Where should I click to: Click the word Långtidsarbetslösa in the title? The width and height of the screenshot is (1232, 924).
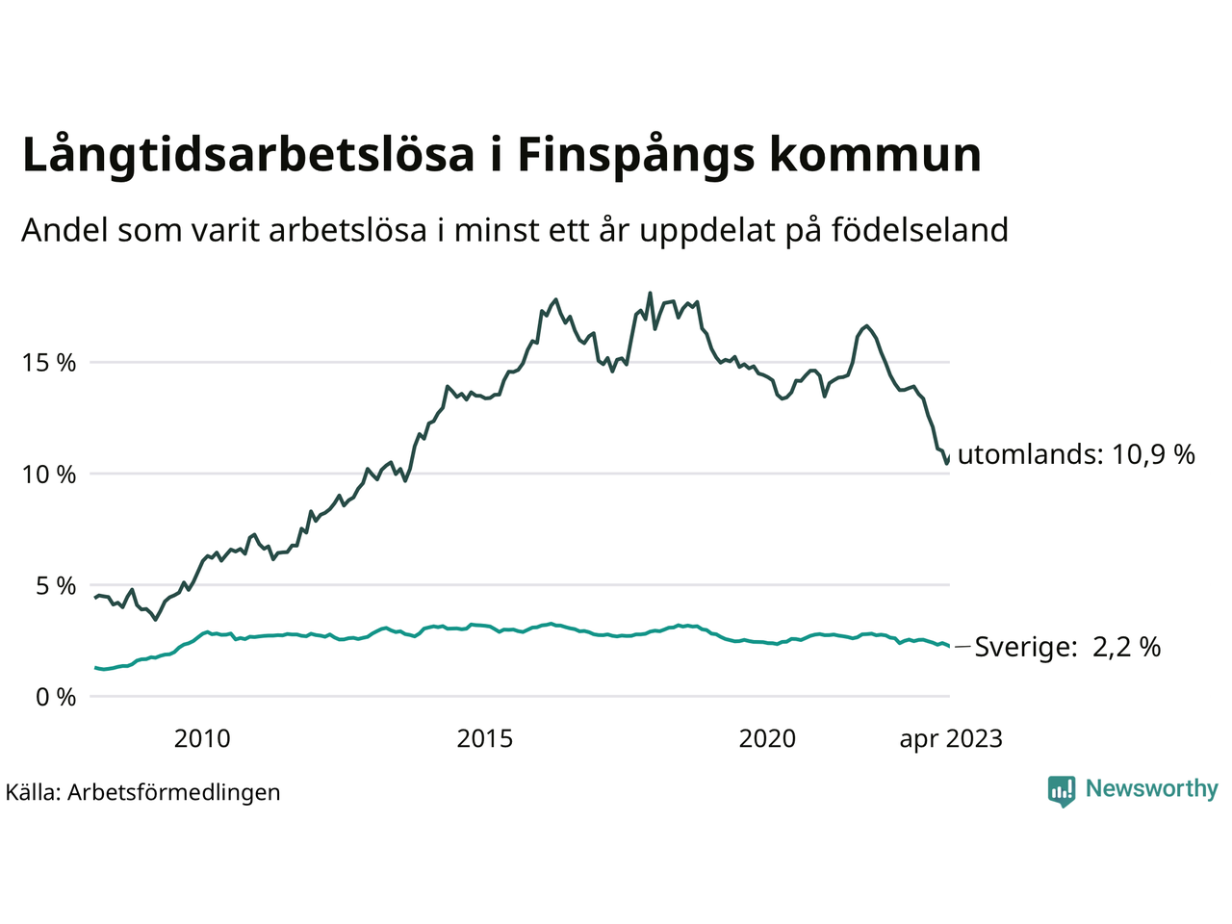point(248,156)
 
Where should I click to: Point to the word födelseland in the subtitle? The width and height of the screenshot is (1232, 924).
point(919,231)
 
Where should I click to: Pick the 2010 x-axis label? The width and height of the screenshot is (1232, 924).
point(202,738)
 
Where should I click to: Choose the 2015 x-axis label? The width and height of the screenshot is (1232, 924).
point(485,738)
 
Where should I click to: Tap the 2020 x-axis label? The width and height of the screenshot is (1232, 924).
point(767,738)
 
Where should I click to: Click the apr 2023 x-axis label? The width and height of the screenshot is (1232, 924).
point(951,738)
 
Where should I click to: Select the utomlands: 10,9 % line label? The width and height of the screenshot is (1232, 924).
point(1076,454)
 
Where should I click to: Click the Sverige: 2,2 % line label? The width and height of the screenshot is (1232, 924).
point(1067,647)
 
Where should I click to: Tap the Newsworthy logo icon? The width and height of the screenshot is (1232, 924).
point(1062,790)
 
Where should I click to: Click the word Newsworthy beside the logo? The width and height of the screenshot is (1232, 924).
point(1151,789)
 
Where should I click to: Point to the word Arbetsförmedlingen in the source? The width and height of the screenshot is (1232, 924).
point(174,792)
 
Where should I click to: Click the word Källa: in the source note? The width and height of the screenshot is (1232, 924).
point(34,792)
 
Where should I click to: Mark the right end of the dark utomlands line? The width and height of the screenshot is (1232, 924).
point(949,456)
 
